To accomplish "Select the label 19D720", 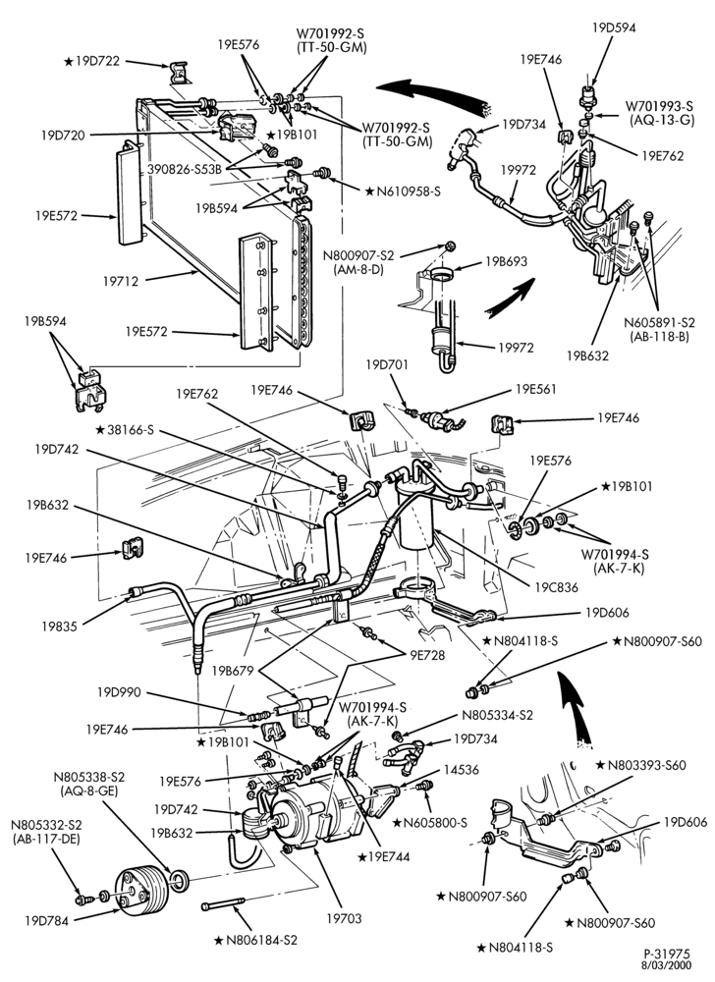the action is point(63,135).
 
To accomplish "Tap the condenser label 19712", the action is point(120,281).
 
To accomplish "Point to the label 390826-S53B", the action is point(186,170).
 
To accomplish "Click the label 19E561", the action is point(536,389).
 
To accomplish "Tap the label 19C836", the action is point(556,588).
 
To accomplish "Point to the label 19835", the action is point(60,626).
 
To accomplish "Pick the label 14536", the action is point(462,770).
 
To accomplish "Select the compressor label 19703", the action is point(344,918).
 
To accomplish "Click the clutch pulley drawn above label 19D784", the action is point(139,890).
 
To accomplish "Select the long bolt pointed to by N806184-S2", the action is point(222,905).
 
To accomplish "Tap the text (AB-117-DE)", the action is point(46,840).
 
